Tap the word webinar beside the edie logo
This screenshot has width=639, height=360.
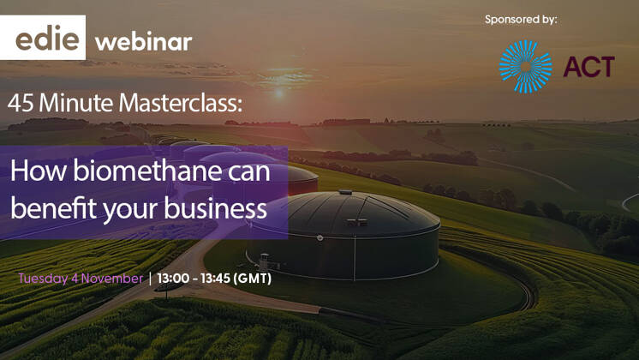coord(143,41)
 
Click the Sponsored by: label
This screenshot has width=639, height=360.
coord(520,19)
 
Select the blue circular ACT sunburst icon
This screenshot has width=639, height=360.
coord(526,67)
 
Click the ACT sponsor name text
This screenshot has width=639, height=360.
coord(588,67)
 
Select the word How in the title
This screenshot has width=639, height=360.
coord(33,171)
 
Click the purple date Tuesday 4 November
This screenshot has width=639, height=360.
coord(81,279)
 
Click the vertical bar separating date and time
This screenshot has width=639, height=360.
coord(151,279)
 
